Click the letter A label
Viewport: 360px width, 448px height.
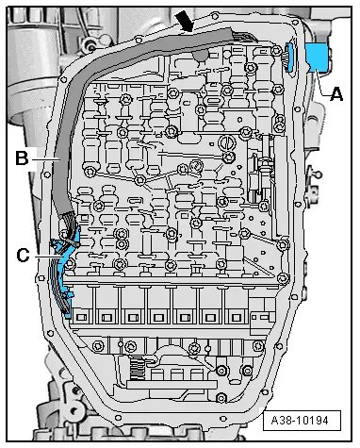[336, 92]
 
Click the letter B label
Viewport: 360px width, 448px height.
[20, 159]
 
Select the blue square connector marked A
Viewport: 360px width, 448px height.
[319, 57]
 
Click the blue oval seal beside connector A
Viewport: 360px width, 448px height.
[293, 58]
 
